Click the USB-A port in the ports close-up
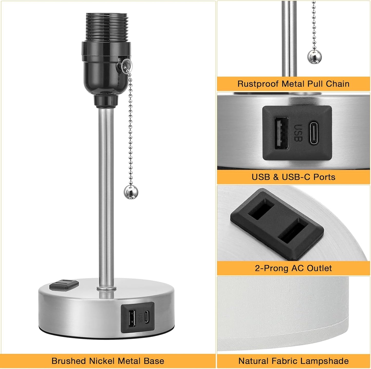[281, 133]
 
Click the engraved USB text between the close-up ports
[298, 133]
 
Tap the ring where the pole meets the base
[106, 288]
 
